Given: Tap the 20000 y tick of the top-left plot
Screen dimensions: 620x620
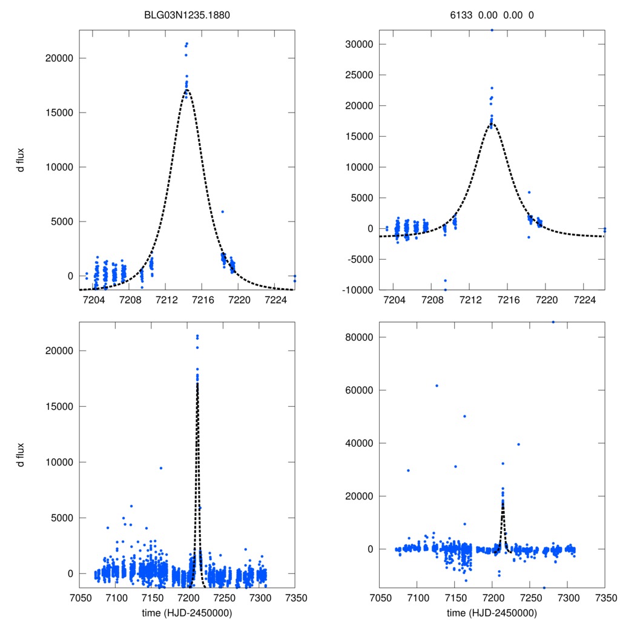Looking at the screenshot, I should coord(55,58).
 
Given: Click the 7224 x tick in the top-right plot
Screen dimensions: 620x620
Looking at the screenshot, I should coord(584,300).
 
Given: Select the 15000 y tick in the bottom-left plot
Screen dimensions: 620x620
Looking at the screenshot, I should coord(55,406).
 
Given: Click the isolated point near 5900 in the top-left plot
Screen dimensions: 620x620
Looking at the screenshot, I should coord(223,211).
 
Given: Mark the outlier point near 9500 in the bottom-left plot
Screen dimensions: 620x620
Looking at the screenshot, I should coord(161,468).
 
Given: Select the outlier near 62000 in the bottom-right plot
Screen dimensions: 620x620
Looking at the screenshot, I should coord(437,386).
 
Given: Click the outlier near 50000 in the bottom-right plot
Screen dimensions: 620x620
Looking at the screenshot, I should coord(464,416).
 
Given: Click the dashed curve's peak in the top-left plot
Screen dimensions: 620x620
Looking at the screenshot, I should coord(186,90).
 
